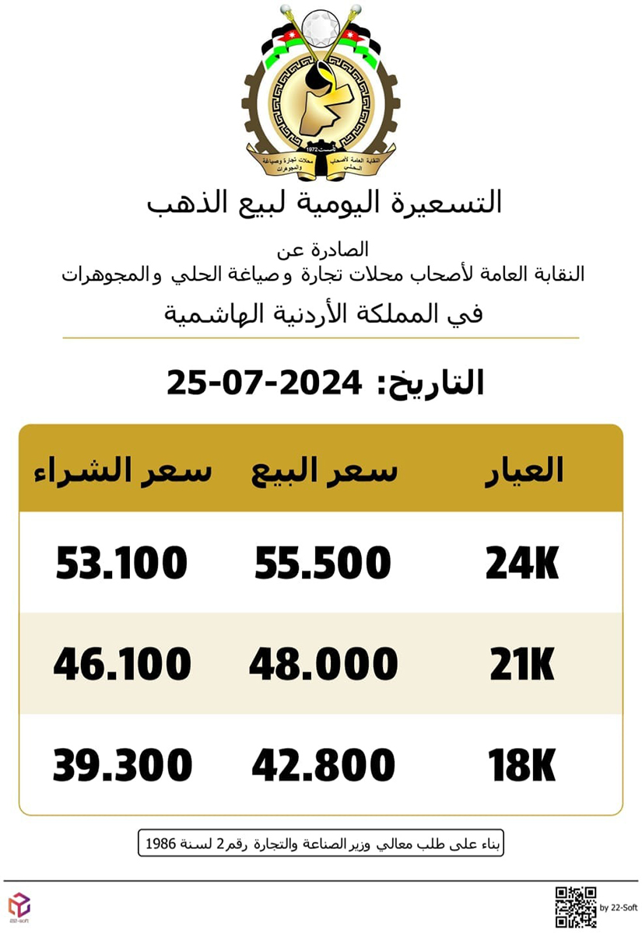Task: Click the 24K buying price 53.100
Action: (121, 564)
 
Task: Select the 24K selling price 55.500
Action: (322, 564)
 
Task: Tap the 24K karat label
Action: (522, 564)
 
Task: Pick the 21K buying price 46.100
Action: (122, 665)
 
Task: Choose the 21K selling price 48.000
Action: (323, 665)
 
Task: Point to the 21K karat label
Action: (522, 666)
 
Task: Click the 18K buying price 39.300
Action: (122, 765)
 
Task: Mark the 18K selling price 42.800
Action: (323, 766)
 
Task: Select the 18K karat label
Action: (522, 766)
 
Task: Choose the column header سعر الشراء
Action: (122, 471)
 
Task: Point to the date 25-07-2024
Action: (265, 383)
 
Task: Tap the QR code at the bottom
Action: (575, 907)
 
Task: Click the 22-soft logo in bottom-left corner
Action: (18, 907)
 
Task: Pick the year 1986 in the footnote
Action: (162, 844)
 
